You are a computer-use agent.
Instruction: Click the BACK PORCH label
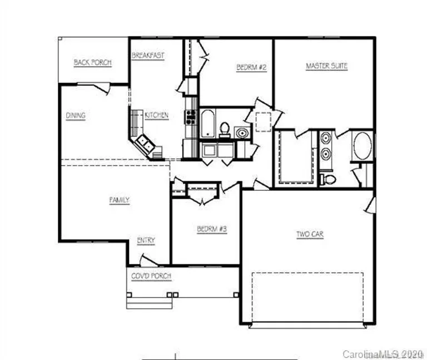point(92,62)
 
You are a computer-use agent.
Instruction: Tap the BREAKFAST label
point(148,55)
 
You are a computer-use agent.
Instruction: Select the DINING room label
point(76,116)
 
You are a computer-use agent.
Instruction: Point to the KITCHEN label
point(156,115)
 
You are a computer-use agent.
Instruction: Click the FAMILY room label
point(119,200)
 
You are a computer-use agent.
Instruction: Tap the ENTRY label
point(146,240)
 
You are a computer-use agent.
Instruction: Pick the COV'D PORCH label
point(151,276)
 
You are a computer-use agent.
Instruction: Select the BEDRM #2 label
point(252,67)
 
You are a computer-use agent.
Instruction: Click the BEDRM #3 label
point(212,229)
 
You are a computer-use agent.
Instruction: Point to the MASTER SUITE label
point(326,66)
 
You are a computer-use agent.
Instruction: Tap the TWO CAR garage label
point(310,234)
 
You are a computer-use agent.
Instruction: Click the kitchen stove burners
point(191,116)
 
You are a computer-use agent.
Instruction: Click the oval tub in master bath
point(362,146)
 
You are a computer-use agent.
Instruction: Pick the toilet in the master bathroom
point(328,179)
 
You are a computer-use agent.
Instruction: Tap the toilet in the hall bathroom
point(225,129)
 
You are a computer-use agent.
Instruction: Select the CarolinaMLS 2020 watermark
point(383,354)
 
